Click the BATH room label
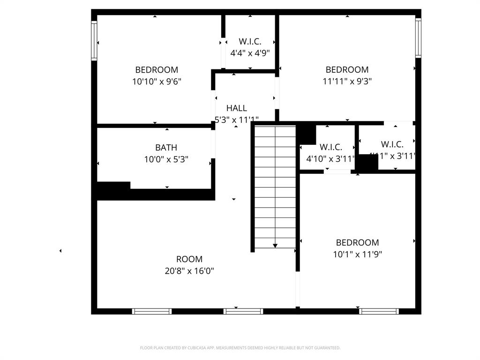tap(166, 148)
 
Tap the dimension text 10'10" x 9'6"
tap(157, 82)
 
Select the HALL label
tap(236, 108)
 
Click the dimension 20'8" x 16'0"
tap(189, 271)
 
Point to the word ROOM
tap(189, 259)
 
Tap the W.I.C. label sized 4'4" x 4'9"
tap(250, 42)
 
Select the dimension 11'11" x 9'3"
tap(347, 82)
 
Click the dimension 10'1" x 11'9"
tap(357, 255)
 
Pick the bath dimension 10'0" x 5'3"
tap(166, 159)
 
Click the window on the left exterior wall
tap(94, 42)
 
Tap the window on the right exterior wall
tap(418, 37)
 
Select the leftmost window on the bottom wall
tap(151, 311)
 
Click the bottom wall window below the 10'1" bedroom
tap(379, 311)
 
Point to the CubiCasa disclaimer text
tap(240, 348)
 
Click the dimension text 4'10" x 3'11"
tap(330, 159)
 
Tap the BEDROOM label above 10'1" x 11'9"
tap(357, 243)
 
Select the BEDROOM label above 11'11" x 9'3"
tap(347, 70)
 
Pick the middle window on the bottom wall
tap(243, 311)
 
